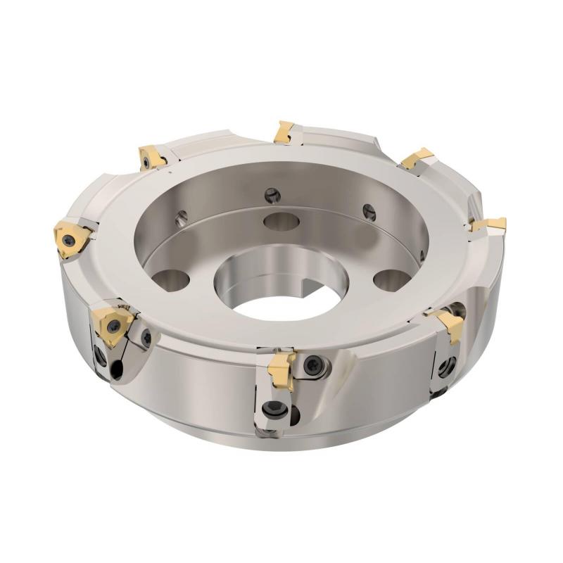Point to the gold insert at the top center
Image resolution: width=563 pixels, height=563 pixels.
286,131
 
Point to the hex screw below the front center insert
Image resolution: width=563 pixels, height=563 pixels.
273,412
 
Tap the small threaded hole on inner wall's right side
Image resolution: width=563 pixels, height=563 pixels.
366,208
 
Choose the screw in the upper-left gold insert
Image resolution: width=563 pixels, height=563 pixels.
146,163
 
